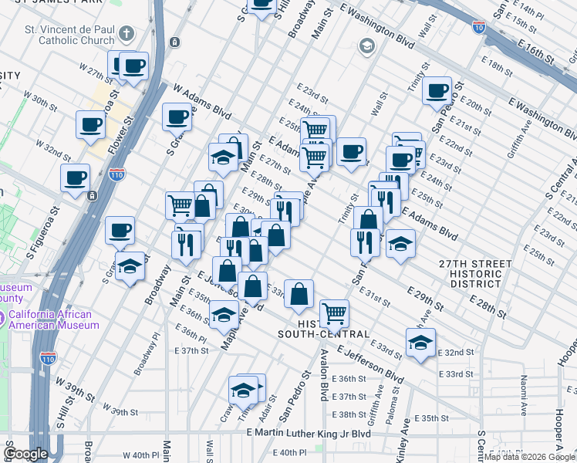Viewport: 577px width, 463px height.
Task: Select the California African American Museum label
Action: click(x=49, y=319)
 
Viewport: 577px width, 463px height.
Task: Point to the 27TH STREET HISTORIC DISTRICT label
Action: click(x=475, y=269)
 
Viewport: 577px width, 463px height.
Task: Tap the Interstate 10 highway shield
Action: click(x=479, y=27)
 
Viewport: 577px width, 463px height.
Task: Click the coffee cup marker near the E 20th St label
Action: click(x=437, y=90)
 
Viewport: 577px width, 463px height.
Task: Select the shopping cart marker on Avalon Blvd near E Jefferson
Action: click(x=334, y=313)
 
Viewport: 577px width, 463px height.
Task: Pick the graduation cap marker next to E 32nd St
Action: click(x=420, y=342)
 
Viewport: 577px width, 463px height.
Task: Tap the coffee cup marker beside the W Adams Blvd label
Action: click(x=177, y=117)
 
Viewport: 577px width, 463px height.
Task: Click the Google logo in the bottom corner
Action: click(x=26, y=454)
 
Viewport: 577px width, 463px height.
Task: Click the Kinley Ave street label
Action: click(x=403, y=448)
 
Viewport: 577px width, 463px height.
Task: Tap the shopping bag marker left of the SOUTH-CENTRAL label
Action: click(x=299, y=293)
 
